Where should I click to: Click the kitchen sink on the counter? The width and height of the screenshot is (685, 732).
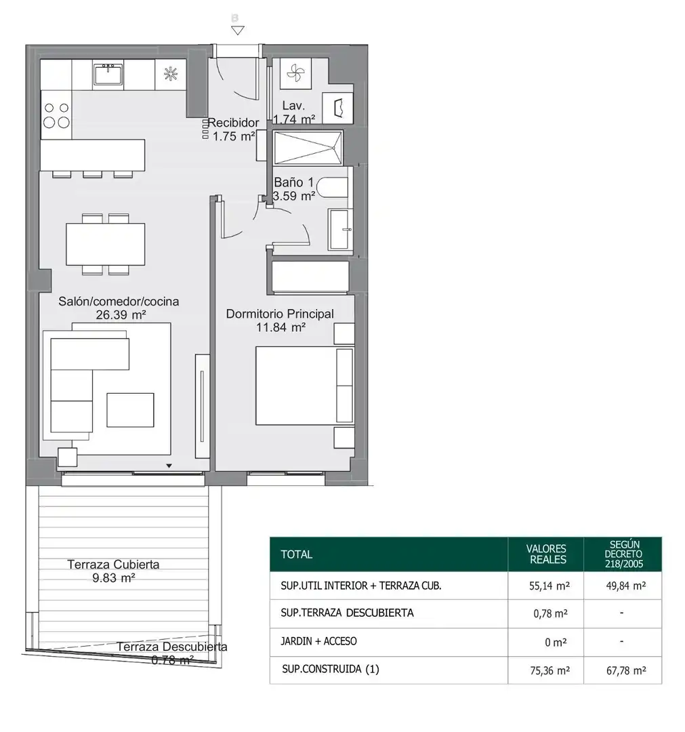(x=108, y=75)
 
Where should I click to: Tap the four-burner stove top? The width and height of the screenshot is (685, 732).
(x=56, y=115)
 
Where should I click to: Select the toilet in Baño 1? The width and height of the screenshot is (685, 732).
(x=332, y=188)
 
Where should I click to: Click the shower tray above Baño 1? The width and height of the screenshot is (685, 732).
(x=308, y=148)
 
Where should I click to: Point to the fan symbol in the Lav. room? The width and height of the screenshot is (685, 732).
(x=295, y=73)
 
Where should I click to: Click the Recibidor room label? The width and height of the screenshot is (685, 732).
(x=233, y=123)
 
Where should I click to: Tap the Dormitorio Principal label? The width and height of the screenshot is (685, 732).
(x=280, y=314)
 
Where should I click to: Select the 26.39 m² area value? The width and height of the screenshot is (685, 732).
(x=121, y=315)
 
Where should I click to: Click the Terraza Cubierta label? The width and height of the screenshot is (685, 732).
(x=113, y=565)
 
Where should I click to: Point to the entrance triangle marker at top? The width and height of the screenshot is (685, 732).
(x=238, y=30)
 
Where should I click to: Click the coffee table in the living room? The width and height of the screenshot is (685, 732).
(x=130, y=410)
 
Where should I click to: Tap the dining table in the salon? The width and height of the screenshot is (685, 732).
(x=106, y=244)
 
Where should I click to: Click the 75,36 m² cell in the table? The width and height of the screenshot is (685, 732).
(x=549, y=670)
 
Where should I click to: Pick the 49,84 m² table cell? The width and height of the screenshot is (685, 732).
(x=626, y=586)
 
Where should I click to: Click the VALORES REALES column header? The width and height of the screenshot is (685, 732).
(x=546, y=554)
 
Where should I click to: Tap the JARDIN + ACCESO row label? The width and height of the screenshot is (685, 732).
(x=318, y=641)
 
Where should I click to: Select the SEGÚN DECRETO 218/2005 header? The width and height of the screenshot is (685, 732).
(x=623, y=554)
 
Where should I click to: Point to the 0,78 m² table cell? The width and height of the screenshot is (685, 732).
(x=551, y=613)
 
